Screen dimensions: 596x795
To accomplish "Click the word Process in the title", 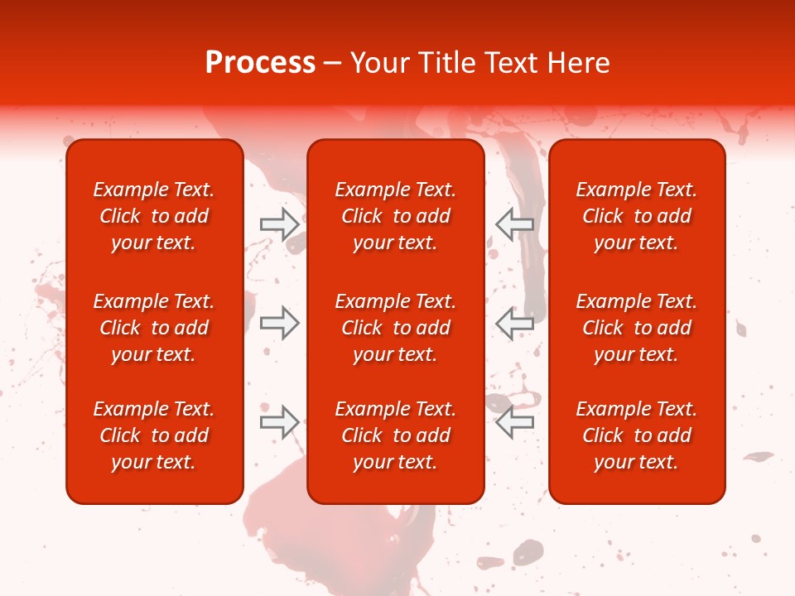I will pos(260,63).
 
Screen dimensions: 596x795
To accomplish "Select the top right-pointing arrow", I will pos(280,223).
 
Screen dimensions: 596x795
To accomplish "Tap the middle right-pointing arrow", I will pos(280,323).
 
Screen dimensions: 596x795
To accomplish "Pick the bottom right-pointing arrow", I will pos(280,422).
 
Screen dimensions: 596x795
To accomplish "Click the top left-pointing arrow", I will pos(514,223).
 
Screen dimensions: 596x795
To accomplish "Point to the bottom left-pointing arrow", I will pos(514,422).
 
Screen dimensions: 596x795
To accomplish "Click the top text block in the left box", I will pos(154,216).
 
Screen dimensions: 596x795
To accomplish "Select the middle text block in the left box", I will pos(154,328).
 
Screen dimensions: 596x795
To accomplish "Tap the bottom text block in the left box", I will pos(154,435).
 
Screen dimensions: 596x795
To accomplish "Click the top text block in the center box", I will pos(395,216).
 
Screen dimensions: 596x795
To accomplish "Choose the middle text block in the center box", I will pos(395,328).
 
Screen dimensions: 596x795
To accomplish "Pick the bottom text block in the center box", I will pos(395,435).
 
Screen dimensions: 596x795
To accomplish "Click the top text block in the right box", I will pos(636,216).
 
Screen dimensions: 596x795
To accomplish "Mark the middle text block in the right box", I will pos(636,328).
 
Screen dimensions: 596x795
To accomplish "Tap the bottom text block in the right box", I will pos(636,435).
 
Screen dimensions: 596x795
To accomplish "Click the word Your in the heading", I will pos(378,63).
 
